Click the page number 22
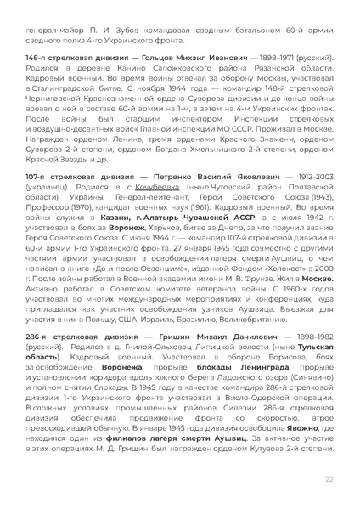tap(329, 480)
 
